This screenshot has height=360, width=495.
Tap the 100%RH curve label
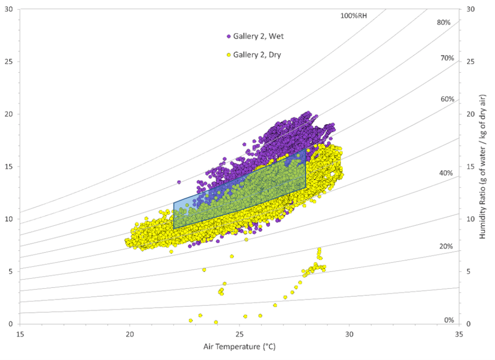click(x=353, y=15)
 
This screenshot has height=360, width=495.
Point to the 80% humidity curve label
click(x=443, y=22)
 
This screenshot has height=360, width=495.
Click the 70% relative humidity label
click(x=447, y=58)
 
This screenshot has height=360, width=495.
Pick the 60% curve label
click(x=447, y=99)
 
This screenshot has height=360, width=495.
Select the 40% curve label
click(x=446, y=173)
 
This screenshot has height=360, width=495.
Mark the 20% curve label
click(x=446, y=246)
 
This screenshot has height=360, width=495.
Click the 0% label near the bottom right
click(x=449, y=320)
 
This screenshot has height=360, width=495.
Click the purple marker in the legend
click(x=229, y=36)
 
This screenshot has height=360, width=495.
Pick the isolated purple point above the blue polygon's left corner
click(x=179, y=182)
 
